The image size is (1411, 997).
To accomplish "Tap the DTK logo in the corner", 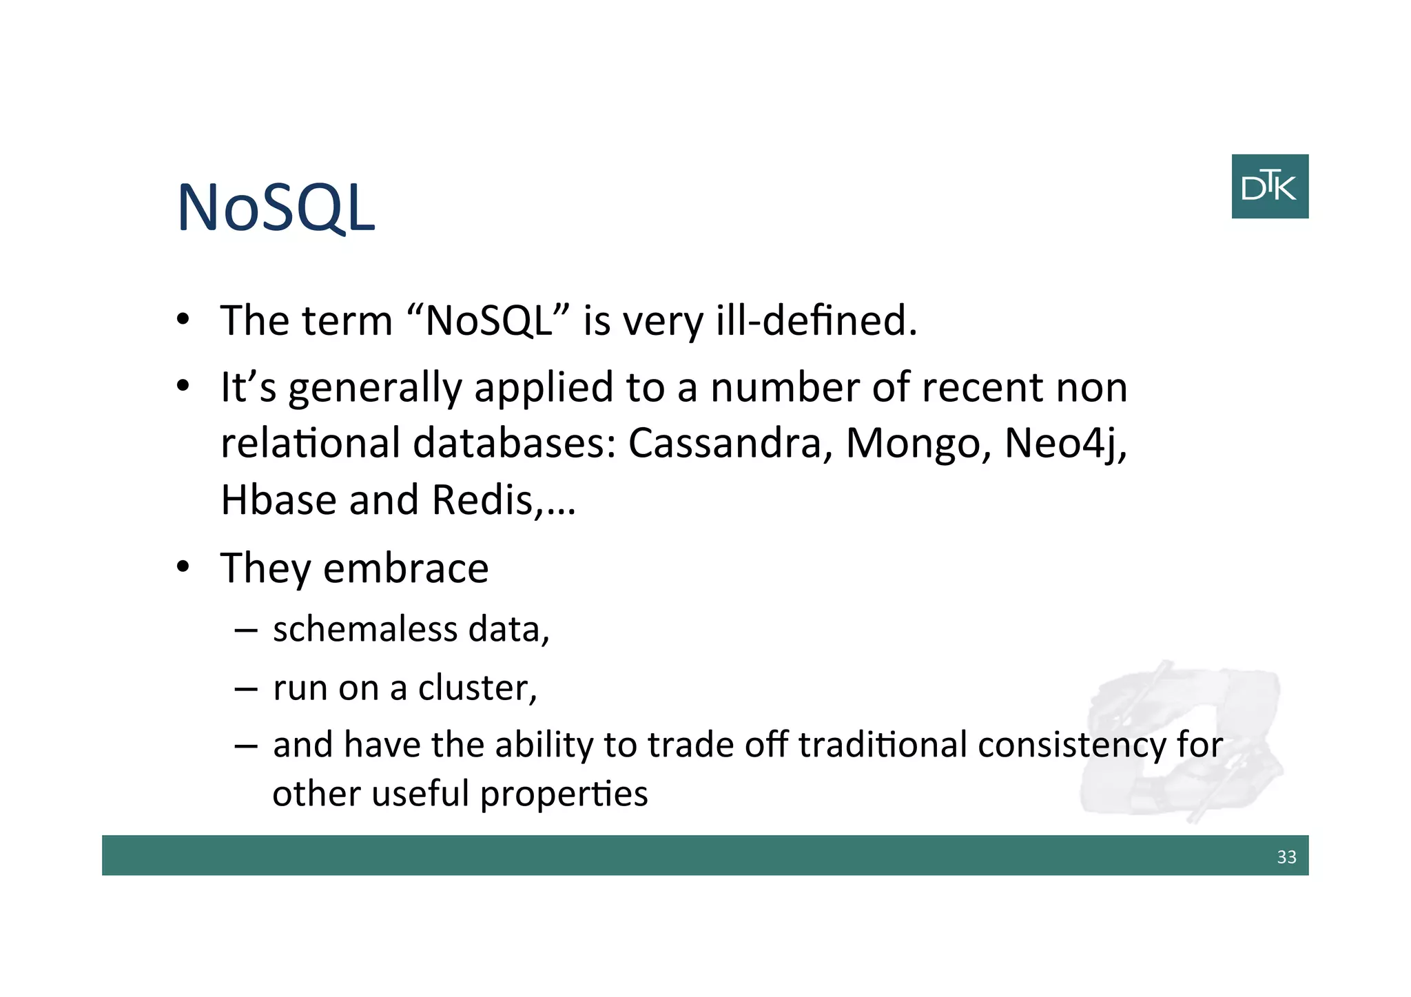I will click(1269, 187).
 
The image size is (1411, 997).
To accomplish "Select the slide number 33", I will click(1286, 856).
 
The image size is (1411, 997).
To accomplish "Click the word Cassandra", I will click(725, 443).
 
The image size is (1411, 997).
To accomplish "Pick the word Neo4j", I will click(1064, 443).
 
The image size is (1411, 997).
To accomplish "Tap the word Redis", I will click(482, 500).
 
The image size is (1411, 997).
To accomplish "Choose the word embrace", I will click(406, 568).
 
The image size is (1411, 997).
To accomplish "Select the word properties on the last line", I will click(564, 794).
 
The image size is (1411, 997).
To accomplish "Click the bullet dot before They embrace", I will click(182, 567).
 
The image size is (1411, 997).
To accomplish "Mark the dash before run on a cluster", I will click(246, 688).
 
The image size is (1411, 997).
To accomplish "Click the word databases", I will click(514, 443).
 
